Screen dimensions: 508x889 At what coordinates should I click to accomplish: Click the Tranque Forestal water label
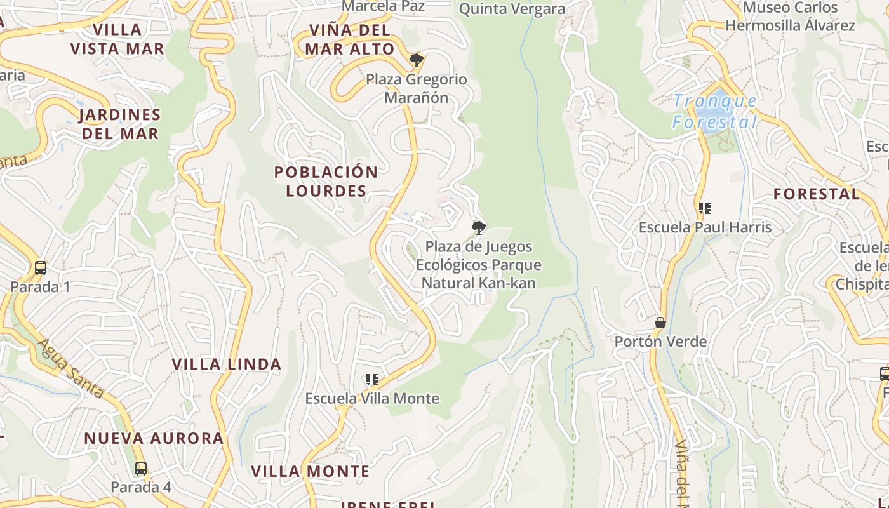tap(715, 111)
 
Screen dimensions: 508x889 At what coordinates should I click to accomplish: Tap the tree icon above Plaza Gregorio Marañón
tap(416, 61)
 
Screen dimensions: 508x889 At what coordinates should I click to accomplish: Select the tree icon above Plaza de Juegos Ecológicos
tap(479, 227)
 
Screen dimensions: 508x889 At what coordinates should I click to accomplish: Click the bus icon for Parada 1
tap(41, 268)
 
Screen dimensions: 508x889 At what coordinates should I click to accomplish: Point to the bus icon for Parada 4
tap(141, 469)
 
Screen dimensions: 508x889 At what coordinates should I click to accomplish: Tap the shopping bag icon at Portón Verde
tap(660, 323)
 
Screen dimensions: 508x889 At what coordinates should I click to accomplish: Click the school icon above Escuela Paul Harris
tap(704, 208)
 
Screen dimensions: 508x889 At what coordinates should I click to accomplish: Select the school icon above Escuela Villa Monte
tap(372, 380)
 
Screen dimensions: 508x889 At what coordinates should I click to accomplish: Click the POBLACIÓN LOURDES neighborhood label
tap(326, 182)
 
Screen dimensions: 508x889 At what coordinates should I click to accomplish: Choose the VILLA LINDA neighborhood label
tap(227, 364)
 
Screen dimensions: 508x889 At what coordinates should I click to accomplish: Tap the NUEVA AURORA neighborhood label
tap(154, 438)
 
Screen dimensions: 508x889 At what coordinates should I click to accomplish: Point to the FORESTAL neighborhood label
tap(817, 194)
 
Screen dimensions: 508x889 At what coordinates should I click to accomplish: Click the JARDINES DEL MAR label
tap(119, 124)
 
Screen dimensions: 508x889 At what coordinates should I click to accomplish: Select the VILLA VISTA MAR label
tap(117, 39)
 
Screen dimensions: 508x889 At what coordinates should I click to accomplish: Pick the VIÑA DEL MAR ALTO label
tap(349, 39)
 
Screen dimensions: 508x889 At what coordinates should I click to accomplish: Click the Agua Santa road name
tap(70, 368)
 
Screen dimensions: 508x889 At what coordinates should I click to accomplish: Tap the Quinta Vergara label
tap(512, 9)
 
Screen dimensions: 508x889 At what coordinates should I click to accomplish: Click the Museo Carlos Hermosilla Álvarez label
tap(791, 17)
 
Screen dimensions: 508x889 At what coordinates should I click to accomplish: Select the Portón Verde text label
tap(660, 342)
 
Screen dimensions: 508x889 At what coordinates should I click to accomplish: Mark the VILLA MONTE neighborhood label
tap(310, 471)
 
